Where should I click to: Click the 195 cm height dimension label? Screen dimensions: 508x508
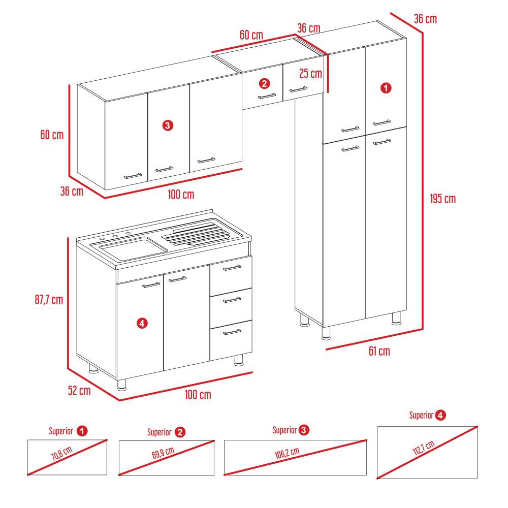click(442, 199)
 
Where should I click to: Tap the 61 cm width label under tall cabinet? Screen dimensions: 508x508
click(379, 351)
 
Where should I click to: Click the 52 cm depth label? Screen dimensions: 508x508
click(79, 391)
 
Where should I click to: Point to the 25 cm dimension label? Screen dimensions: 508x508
click(310, 74)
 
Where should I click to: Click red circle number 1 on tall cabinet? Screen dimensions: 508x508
click(386, 88)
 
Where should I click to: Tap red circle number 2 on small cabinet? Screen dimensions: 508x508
click(264, 83)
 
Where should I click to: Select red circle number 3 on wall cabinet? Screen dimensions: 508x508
click(168, 125)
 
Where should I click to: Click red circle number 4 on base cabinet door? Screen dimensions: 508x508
click(142, 323)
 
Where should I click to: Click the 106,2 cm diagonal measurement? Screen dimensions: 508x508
click(287, 453)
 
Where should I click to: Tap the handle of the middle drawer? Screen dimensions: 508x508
click(232, 300)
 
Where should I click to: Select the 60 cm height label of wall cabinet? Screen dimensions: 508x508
click(52, 135)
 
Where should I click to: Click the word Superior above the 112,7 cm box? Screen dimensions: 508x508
click(421, 416)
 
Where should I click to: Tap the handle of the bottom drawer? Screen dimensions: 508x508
click(232, 332)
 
